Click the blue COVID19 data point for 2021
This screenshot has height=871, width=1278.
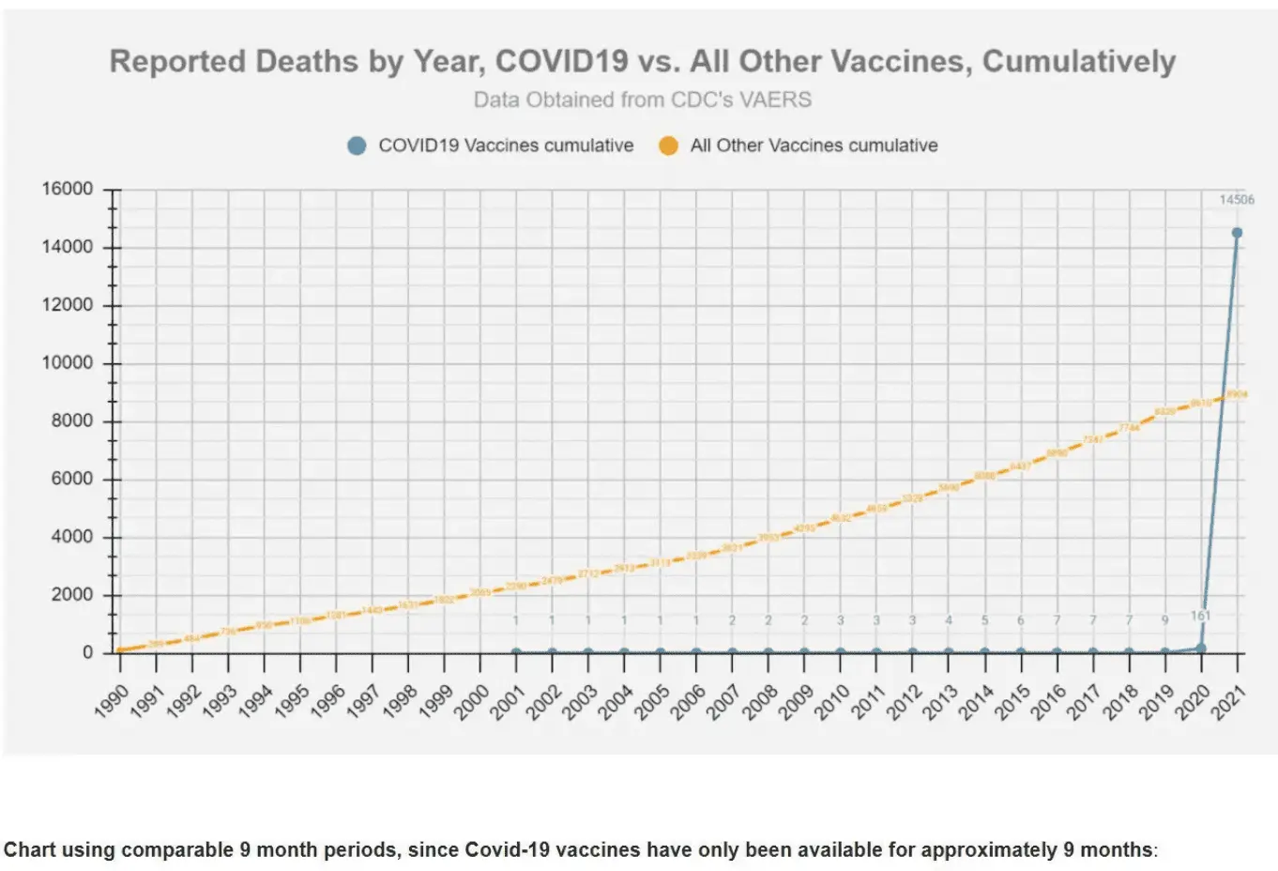point(1237,233)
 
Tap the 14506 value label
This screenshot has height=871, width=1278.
point(1236,199)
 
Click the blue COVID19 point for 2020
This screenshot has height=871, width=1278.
point(1200,648)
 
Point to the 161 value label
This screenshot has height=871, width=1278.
point(1201,616)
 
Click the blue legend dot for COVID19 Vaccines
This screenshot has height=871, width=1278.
point(357,145)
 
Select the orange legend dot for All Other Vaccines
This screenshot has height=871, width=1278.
point(668,145)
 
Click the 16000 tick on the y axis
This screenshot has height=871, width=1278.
point(68,189)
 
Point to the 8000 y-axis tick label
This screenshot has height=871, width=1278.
point(72,420)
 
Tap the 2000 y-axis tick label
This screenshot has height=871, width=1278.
point(72,594)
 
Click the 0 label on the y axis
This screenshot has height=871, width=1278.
point(88,652)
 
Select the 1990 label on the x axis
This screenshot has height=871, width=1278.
point(113,700)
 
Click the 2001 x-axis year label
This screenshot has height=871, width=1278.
point(509,700)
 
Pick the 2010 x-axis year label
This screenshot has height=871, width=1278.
point(833,700)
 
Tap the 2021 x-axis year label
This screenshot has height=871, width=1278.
point(1229,700)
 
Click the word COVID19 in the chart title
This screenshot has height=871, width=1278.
point(561,61)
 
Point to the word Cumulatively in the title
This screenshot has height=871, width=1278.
point(1078,61)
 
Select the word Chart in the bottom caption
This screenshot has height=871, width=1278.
point(30,850)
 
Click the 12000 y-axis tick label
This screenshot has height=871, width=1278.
point(68,305)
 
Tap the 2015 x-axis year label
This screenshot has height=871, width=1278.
point(1013,700)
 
